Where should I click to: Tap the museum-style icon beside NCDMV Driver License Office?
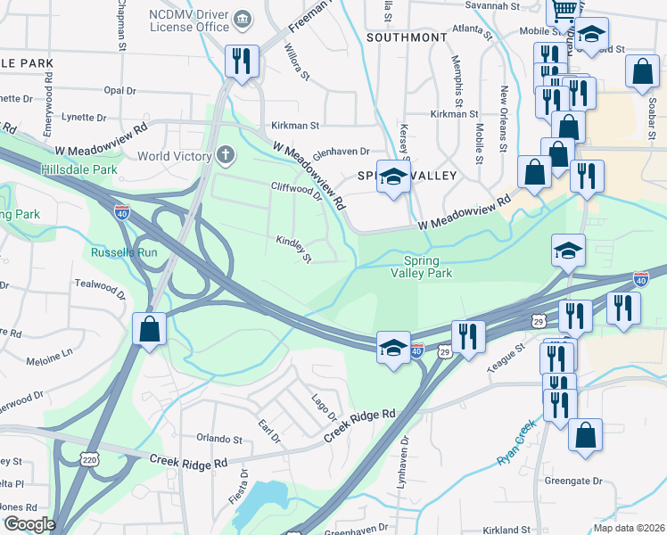(242, 20)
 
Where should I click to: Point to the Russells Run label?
(124, 251)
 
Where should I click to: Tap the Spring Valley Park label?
(422, 267)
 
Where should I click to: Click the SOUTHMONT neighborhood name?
(407, 37)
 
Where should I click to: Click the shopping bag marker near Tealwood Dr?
(150, 328)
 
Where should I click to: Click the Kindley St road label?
(293, 249)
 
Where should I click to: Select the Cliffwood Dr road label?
(296, 190)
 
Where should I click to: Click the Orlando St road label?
(219, 440)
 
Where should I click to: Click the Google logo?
(29, 523)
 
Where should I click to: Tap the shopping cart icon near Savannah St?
(564, 10)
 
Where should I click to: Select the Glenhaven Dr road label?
(341, 152)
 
